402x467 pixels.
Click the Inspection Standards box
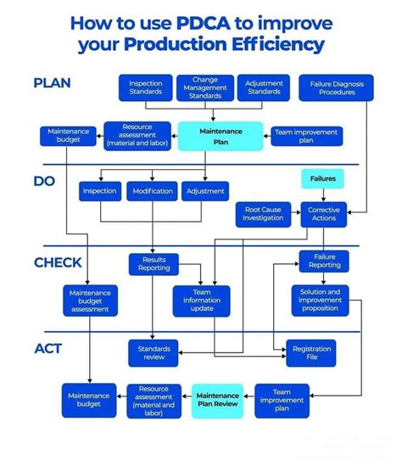click(146, 87)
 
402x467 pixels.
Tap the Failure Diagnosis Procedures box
click(331, 87)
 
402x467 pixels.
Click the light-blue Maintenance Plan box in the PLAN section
click(221, 136)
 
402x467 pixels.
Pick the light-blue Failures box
click(323, 179)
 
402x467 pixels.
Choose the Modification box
click(153, 192)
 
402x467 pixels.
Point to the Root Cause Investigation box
click(263, 214)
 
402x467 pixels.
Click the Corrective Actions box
click(324, 214)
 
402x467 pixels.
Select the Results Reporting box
click(154, 263)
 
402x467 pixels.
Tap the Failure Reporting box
click(325, 261)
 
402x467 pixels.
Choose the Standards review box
click(154, 353)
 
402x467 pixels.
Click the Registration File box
click(312, 353)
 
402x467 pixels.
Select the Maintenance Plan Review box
click(218, 400)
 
